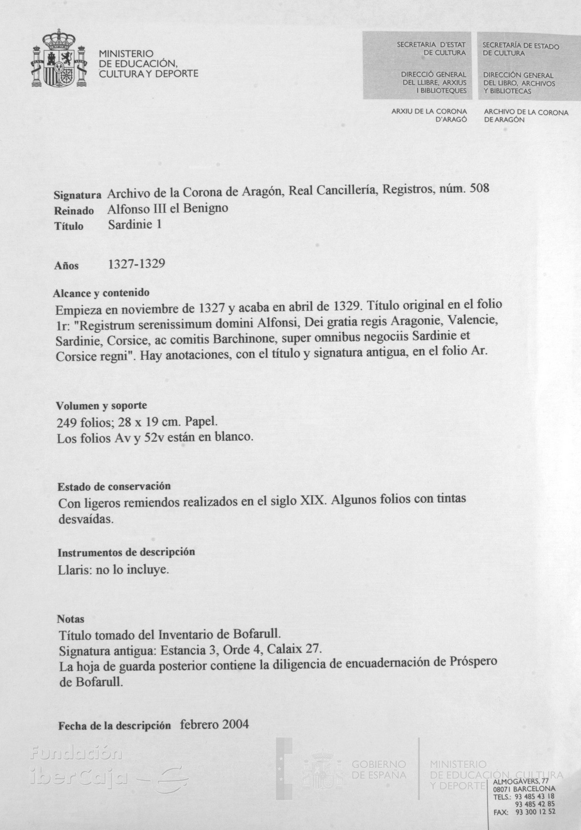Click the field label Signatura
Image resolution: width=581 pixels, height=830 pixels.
[77, 196]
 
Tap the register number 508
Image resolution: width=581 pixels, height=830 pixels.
[480, 188]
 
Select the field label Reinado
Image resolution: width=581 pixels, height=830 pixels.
[74, 211]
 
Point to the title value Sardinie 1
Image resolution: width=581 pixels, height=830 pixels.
[135, 225]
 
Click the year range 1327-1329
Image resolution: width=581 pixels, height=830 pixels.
[137, 264]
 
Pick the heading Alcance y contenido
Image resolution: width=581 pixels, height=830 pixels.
[101, 293]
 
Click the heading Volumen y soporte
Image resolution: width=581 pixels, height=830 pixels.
[102, 405]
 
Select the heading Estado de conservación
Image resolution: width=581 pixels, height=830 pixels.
[114, 486]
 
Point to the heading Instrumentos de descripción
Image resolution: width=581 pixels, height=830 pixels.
[126, 552]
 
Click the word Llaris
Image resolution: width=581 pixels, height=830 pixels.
[73, 570]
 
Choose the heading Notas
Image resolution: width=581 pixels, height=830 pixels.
[71, 619]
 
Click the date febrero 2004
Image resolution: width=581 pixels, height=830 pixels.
[214, 724]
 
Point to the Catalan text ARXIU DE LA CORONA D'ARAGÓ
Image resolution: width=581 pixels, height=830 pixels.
[429, 115]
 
